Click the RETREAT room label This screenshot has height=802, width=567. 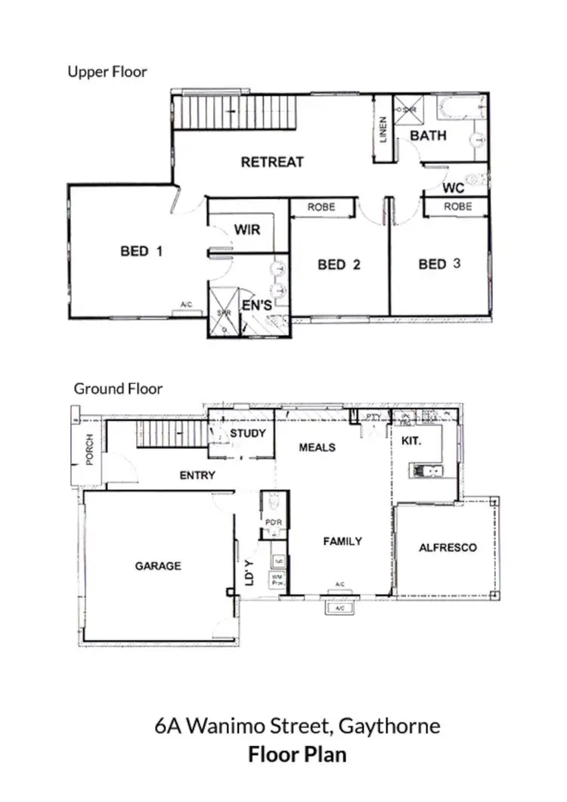click(x=272, y=162)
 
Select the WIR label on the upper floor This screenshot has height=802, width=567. click(x=247, y=229)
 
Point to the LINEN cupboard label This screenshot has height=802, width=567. click(x=384, y=130)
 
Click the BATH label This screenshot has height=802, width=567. click(x=428, y=136)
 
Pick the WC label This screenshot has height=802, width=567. click(x=454, y=187)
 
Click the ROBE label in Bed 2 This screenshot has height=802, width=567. click(x=321, y=207)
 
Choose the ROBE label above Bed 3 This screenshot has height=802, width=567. click(x=457, y=206)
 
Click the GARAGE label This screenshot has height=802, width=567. click(x=158, y=565)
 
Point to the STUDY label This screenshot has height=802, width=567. click(x=248, y=433)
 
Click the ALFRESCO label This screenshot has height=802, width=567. click(x=448, y=548)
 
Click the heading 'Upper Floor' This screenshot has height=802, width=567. click(x=107, y=73)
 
